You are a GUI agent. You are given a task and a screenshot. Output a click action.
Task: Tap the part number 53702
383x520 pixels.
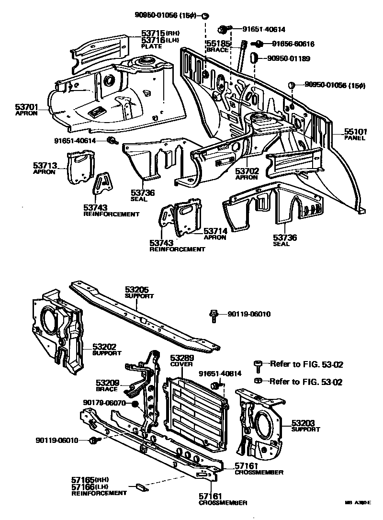tap(247, 170)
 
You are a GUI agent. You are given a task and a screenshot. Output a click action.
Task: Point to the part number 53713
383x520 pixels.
tap(45, 166)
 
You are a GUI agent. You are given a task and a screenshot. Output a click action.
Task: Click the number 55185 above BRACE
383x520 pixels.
tap(218, 44)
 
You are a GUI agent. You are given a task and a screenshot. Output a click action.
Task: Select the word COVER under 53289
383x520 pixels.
tap(181, 364)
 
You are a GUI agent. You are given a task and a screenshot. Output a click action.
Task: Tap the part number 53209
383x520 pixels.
tap(107, 383)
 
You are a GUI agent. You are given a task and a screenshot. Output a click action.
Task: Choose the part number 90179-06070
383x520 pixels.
tap(104, 403)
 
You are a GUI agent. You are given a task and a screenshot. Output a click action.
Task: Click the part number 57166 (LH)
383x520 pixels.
tap(83, 486)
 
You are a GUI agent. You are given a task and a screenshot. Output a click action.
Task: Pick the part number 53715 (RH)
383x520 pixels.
tap(153, 33)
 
